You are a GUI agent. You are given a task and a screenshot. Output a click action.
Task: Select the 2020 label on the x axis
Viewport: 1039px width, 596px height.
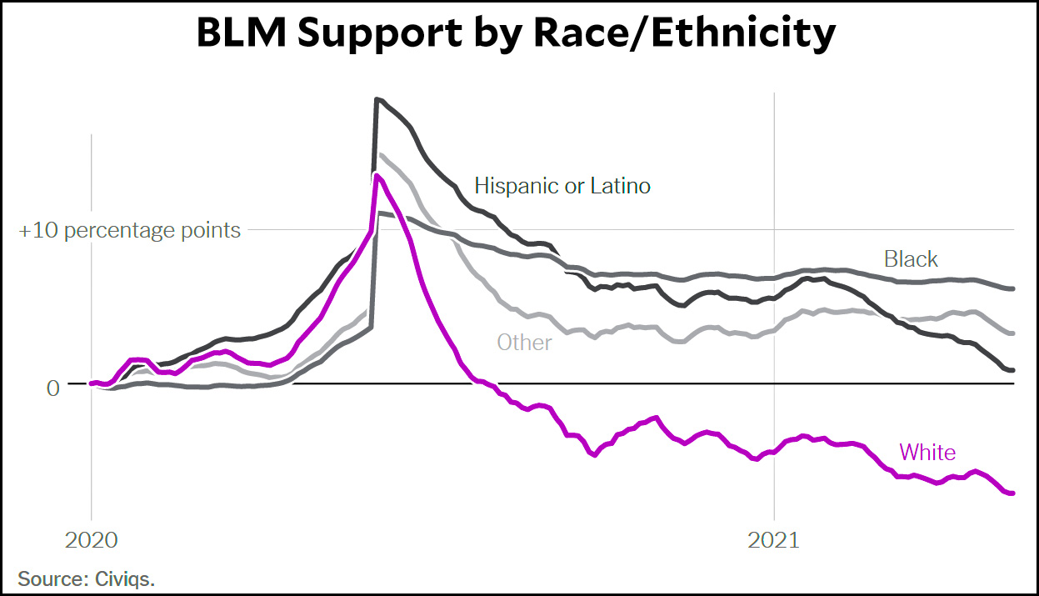coord(92,540)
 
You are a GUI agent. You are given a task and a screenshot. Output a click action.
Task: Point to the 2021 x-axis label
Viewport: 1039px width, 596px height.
coord(774,540)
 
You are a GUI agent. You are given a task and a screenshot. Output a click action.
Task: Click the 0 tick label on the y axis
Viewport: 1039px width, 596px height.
coord(53,388)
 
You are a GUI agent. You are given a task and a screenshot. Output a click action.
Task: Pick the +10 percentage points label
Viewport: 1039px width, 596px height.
coord(130,230)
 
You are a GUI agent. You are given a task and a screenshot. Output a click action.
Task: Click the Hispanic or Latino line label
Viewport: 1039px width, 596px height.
coord(562,185)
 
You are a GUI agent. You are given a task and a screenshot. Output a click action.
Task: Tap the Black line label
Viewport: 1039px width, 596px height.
coord(911,259)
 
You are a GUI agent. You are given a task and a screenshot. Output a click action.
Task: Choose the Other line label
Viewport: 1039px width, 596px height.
coord(524,342)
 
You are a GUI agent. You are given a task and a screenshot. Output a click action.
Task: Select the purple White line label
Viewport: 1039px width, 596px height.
coord(927,452)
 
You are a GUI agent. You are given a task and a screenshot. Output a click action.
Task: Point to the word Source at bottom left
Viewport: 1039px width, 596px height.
coord(48,578)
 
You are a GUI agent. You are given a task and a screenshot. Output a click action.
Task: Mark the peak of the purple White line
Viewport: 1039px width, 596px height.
coord(377,175)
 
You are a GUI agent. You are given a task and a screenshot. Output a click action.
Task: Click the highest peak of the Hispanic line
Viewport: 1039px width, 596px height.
coord(377,99)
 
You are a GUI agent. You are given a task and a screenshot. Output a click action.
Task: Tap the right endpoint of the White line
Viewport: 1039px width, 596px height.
coord(1012,493)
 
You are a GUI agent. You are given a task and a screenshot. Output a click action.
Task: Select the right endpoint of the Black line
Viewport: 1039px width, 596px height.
coord(1012,288)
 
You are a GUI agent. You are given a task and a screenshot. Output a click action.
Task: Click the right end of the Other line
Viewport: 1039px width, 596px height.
coord(1012,333)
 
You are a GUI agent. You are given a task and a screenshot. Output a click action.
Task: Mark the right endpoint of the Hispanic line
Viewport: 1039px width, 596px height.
coord(1012,370)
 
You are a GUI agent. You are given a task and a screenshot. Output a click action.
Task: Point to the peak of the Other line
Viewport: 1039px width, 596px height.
coord(380,154)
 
